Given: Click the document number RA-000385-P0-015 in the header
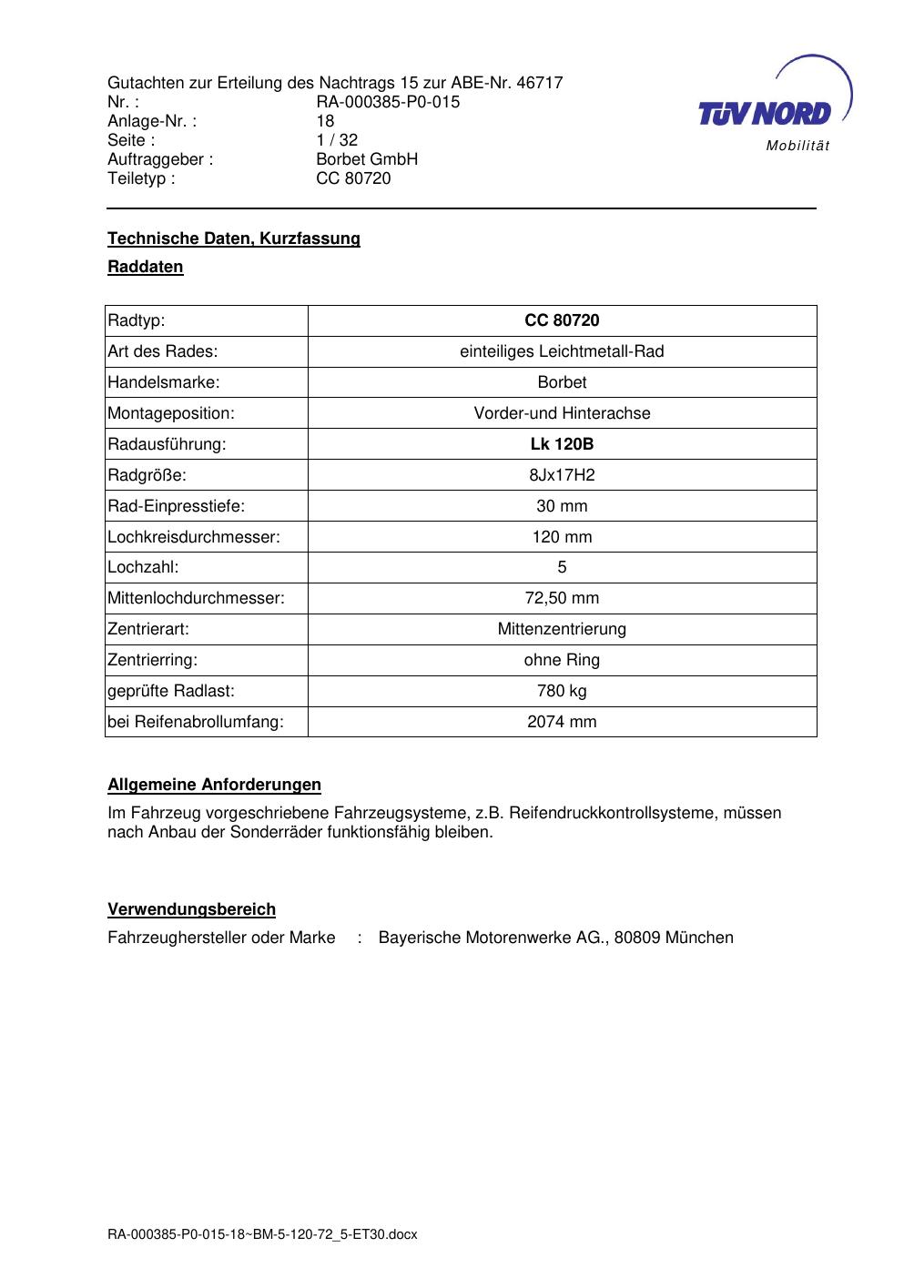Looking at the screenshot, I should pos(388,102).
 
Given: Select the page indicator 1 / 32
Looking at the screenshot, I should pos(337,140).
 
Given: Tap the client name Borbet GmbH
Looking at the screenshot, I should pos(367,159).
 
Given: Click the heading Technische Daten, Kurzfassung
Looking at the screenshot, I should pos(234,238).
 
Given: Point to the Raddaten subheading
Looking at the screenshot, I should pos(146,267).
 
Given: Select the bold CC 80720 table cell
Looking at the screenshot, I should pos(562,320).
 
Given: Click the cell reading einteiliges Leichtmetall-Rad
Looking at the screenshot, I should pos(562,351).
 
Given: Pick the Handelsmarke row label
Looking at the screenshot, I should pos(164,382).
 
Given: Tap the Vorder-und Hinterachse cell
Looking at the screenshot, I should pos(562,413).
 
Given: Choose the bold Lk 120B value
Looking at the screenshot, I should pos(562,444).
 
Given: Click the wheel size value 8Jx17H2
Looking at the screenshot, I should pos(562,475).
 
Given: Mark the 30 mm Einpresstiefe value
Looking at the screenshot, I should pos(562,506).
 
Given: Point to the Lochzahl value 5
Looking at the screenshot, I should pos(562,567).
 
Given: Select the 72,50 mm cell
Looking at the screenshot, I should pos(562,598).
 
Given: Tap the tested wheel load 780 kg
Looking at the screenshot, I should pos(562,691).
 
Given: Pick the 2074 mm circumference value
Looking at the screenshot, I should pos(562,722).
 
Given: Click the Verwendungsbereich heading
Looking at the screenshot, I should pos(192,909).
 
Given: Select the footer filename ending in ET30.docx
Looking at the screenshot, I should pos(262,1234).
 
